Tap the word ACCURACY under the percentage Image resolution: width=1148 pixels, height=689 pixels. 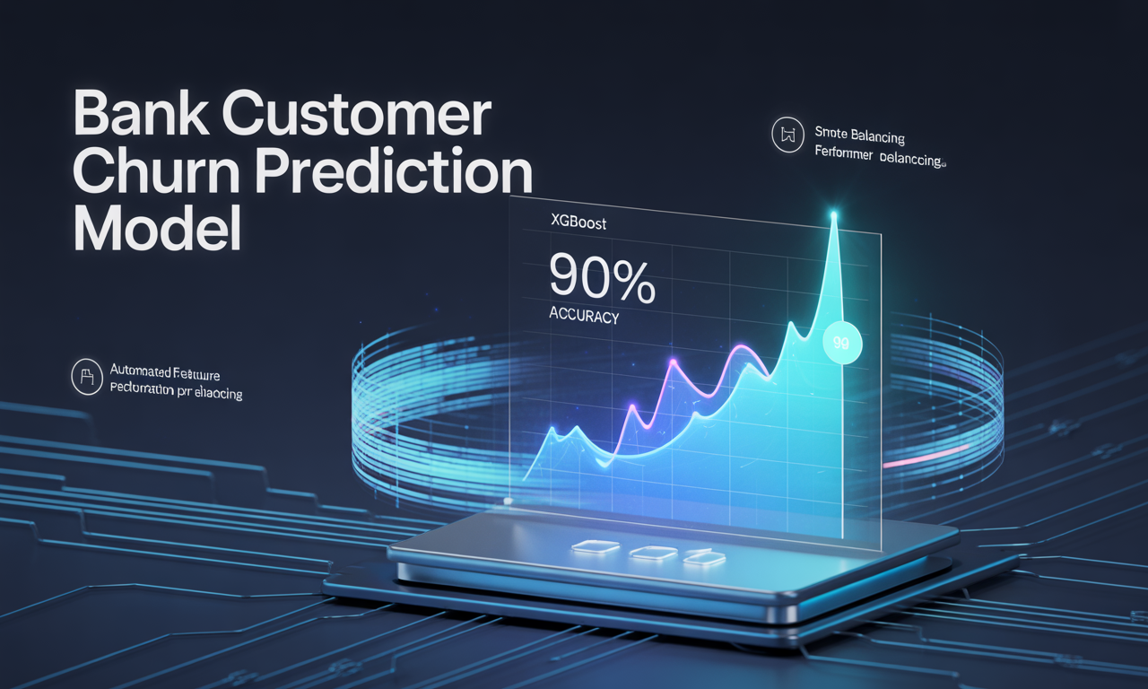click(x=582, y=316)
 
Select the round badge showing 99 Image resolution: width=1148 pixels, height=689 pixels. click(x=841, y=342)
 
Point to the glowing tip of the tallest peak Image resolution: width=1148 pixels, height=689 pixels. click(x=835, y=214)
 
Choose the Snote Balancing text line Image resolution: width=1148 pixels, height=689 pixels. click(x=859, y=136)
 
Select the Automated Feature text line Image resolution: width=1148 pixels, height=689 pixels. click(x=165, y=370)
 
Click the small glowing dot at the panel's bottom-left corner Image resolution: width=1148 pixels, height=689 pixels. click(x=508, y=500)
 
